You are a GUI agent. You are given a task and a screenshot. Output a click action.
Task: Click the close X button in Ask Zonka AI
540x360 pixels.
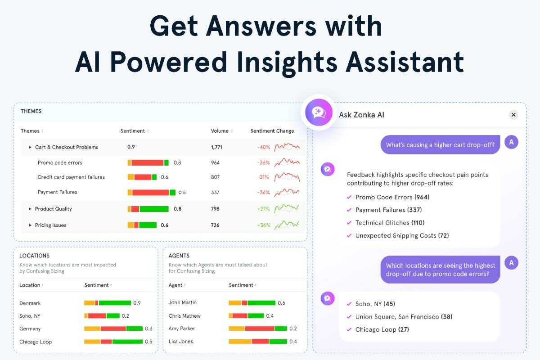click(513, 115)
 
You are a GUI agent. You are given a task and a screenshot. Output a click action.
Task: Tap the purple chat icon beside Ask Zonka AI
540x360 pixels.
click(319, 112)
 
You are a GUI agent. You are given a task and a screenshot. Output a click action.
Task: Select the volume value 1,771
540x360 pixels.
click(216, 147)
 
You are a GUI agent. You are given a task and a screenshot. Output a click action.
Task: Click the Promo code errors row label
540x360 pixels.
click(60, 163)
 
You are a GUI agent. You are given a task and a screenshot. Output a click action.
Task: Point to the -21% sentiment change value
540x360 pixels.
click(262, 177)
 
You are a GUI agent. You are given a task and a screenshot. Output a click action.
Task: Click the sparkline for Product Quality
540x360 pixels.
click(287, 208)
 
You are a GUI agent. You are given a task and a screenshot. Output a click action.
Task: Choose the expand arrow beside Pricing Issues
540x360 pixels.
click(30, 225)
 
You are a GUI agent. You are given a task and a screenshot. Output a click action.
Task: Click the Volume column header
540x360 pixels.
click(220, 131)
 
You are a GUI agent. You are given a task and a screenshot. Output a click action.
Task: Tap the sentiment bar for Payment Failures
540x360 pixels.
click(151, 193)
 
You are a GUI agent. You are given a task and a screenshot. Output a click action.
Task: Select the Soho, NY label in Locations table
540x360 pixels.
click(30, 316)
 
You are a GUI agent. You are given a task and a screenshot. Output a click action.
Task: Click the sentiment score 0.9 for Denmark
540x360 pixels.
click(137, 303)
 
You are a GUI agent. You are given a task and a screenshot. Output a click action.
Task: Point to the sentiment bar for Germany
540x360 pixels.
click(113, 328)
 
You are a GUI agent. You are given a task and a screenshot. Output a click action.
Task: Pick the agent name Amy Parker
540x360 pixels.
click(182, 328)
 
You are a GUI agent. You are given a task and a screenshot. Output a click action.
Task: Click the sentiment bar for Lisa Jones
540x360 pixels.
click(258, 342)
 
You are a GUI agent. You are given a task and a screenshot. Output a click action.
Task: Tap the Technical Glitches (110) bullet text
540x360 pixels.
click(390, 223)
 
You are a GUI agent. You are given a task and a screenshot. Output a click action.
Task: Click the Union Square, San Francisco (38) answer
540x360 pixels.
click(404, 317)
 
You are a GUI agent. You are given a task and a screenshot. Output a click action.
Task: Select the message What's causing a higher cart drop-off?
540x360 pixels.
click(440, 145)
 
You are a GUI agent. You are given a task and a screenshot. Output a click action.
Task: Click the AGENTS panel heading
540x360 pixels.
click(179, 256)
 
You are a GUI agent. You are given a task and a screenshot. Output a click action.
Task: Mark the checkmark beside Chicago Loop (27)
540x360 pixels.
click(349, 329)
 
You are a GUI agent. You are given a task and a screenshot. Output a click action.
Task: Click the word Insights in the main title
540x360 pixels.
click(287, 62)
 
